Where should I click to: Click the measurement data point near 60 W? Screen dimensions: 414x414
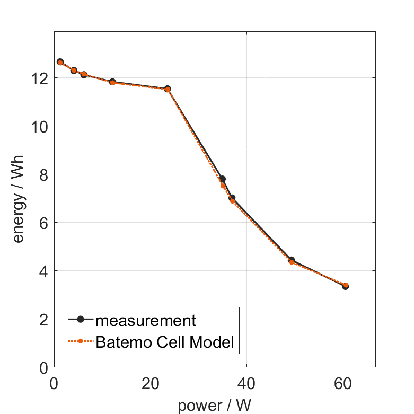[x=345, y=286]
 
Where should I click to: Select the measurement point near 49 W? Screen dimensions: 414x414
[x=291, y=260]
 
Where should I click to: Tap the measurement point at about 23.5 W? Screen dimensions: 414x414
[x=168, y=89]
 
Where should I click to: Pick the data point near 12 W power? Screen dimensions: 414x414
[x=112, y=82]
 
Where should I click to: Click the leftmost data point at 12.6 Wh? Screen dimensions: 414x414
[x=60, y=62]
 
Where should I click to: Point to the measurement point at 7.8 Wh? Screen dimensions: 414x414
[x=222, y=179]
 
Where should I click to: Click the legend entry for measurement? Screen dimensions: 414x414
[x=146, y=320]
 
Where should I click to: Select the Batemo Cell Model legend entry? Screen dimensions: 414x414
[x=164, y=342]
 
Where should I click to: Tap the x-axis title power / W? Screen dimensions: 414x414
[x=214, y=406]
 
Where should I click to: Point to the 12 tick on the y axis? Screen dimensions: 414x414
[x=39, y=78]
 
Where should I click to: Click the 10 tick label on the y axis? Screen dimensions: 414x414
[x=39, y=126]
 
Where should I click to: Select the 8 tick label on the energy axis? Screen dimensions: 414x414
[x=43, y=174]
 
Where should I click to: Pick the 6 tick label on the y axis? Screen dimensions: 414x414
[x=43, y=223]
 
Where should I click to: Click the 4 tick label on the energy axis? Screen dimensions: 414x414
[x=43, y=271]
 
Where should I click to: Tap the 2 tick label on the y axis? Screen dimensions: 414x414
[x=43, y=319]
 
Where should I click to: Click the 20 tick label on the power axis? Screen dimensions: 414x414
[x=151, y=383]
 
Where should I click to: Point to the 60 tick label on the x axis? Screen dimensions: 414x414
[x=343, y=383]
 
